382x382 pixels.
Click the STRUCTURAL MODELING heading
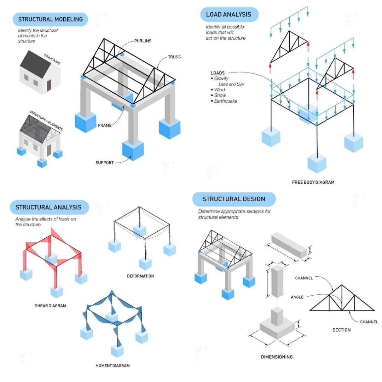click(x=50, y=19)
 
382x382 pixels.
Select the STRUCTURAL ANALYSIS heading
click(x=48, y=207)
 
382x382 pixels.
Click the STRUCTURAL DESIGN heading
click(x=233, y=199)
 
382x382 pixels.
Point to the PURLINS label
click(x=143, y=41)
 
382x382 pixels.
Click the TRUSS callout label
click(x=174, y=57)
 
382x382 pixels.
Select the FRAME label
click(x=105, y=125)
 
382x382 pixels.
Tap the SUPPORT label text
click(x=105, y=163)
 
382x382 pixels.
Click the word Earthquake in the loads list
click(x=226, y=101)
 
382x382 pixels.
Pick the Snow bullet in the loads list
click(x=220, y=95)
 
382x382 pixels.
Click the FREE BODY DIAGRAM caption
click(x=313, y=183)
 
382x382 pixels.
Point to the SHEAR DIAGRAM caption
click(x=50, y=306)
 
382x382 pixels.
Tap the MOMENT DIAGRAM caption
click(x=112, y=365)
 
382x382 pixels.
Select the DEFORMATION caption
click(x=140, y=276)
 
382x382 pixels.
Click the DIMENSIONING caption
click(x=277, y=357)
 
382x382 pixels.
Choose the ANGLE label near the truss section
click(x=297, y=297)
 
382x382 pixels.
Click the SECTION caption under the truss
click(x=341, y=330)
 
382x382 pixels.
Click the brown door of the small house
click(x=49, y=85)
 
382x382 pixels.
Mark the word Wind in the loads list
click(x=220, y=90)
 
